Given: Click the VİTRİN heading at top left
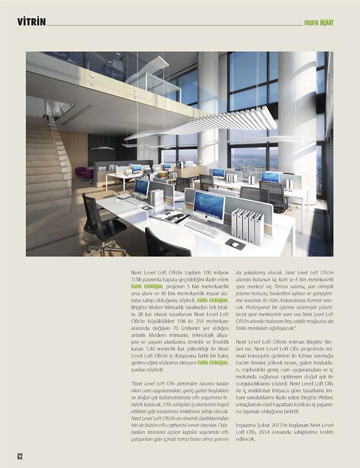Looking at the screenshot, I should point(31,22).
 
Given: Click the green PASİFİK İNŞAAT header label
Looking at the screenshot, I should point(319,23).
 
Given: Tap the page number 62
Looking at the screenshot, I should point(20,456).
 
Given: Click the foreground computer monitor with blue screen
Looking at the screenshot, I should point(209,206).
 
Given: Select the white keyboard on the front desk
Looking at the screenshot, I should point(202,228).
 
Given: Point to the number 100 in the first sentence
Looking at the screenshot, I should point(210,272).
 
